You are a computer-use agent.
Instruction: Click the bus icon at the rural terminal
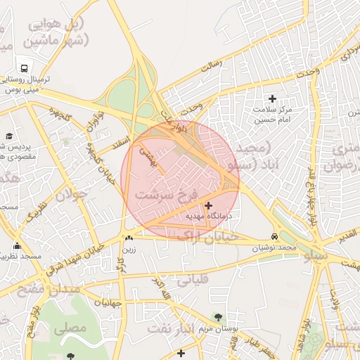[25, 69]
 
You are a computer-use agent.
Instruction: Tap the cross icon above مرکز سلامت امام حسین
[273, 98]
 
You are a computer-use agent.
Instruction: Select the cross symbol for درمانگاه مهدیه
[207, 205]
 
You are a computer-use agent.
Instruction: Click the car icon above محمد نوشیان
[274, 236]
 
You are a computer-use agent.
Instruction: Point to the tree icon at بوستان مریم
[217, 317]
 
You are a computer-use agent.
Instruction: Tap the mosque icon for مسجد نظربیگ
[17, 246]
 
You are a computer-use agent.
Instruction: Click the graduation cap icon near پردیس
[9, 136]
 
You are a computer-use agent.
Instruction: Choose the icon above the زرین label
[128, 238]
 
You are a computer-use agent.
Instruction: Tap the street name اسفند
[122, 143]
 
